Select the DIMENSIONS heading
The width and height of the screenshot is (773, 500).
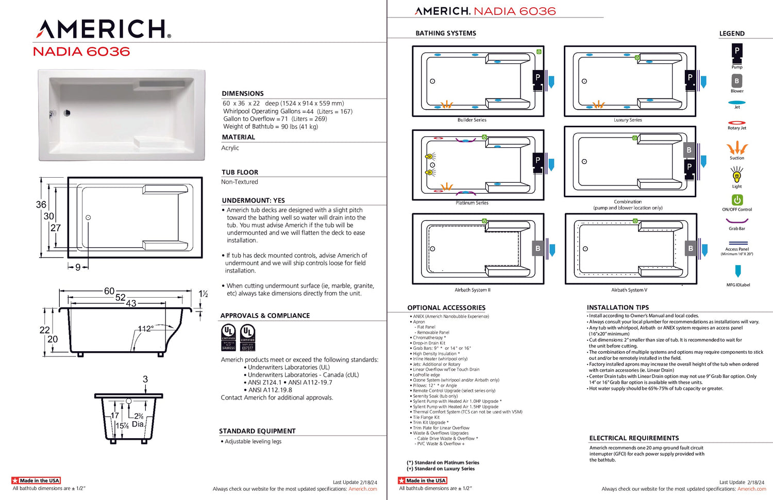tap(243, 93)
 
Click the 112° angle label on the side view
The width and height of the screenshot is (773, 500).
tap(146, 329)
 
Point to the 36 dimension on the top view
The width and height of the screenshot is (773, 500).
tap(41, 204)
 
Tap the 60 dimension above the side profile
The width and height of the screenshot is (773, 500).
tap(109, 291)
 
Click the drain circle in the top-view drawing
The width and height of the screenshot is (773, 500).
tap(88, 218)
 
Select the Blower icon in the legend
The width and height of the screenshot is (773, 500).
tap(737, 81)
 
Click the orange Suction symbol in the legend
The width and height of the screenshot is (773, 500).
tap(737, 148)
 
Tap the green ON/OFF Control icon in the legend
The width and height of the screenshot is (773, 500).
tap(737, 200)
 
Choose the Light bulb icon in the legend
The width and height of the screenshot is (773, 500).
tap(737, 176)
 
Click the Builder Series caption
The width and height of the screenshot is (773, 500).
tap(472, 120)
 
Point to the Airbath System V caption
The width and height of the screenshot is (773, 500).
tap(629, 290)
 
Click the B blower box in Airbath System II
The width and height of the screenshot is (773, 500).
tap(537, 248)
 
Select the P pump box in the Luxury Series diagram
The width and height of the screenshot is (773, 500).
tap(690, 77)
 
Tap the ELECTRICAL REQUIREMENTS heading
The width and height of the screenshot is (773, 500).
tap(634, 438)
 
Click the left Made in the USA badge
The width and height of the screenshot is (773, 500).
tap(36, 480)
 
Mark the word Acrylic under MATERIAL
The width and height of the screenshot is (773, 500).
tap(230, 148)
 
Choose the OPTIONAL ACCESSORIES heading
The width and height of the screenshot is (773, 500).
tap(446, 307)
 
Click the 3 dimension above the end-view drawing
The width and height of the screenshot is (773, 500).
tap(145, 379)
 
